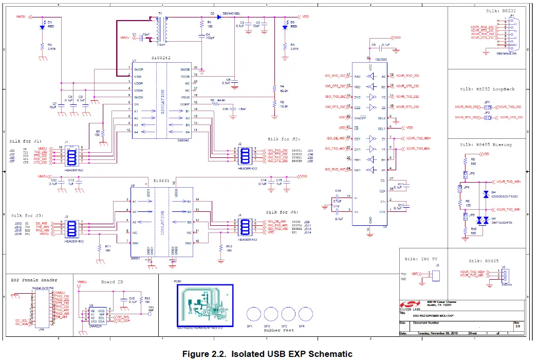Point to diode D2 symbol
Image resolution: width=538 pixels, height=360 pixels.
tap(218, 17)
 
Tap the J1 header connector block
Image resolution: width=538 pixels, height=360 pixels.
tap(70, 155)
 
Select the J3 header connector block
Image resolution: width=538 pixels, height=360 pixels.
tap(70, 227)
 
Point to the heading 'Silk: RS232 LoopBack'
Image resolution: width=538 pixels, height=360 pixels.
tap(487, 89)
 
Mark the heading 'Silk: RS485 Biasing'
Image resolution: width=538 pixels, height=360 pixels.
tap(486, 145)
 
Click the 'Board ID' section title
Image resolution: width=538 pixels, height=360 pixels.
tap(112, 282)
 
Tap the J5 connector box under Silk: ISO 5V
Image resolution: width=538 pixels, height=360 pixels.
tap(437, 276)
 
